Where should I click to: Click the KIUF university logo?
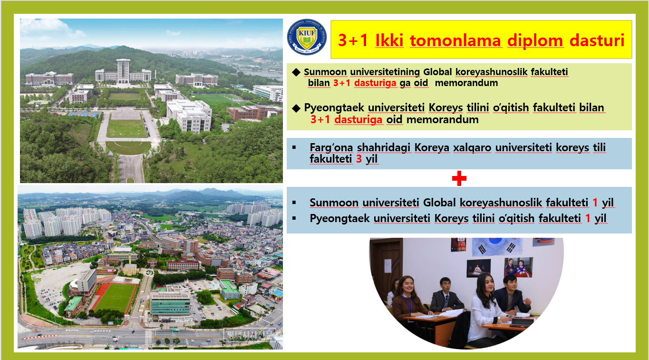tap(307, 37)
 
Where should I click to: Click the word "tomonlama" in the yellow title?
tap(455, 40)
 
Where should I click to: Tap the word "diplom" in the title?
tap(535, 41)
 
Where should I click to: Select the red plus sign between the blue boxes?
tap(459, 178)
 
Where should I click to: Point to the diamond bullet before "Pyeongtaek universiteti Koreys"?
tap(296, 108)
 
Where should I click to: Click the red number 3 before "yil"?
tap(359, 159)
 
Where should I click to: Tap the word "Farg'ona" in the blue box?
tap(331, 147)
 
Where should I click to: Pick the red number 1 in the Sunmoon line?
tap(595, 203)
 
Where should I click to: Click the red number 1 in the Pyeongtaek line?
tap(588, 218)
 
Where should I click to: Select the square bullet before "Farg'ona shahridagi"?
tap(294, 147)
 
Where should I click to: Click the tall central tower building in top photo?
tap(123, 71)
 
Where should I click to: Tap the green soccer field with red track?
tap(115, 298)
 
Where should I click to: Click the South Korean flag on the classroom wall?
tap(496, 247)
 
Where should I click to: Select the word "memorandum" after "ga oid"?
tap(466, 83)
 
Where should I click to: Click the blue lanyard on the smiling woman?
tap(407, 302)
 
